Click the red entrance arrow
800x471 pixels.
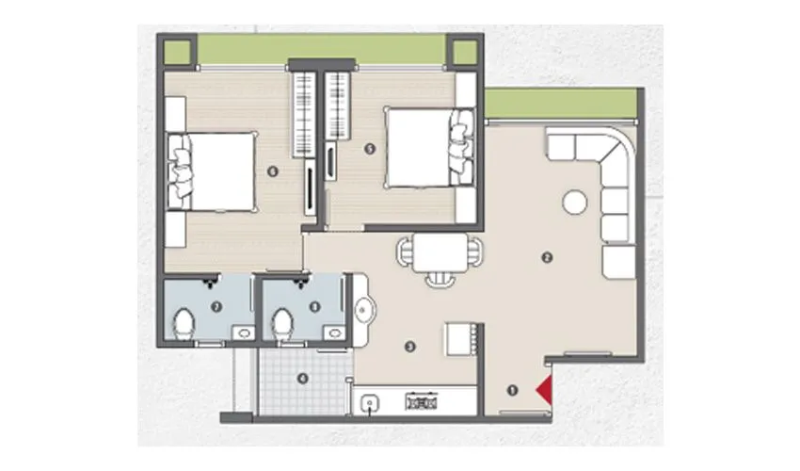(544, 388)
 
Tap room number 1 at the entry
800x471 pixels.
(513, 389)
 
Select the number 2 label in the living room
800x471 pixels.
(544, 257)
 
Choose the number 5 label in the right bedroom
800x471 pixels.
(370, 148)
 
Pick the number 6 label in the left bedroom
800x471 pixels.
(273, 171)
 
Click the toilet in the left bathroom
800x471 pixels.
(185, 323)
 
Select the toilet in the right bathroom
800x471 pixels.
(280, 323)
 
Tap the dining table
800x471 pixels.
(440, 252)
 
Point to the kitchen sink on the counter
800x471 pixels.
(371, 402)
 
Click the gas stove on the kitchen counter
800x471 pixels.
(419, 402)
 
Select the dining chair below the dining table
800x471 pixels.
(440, 280)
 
